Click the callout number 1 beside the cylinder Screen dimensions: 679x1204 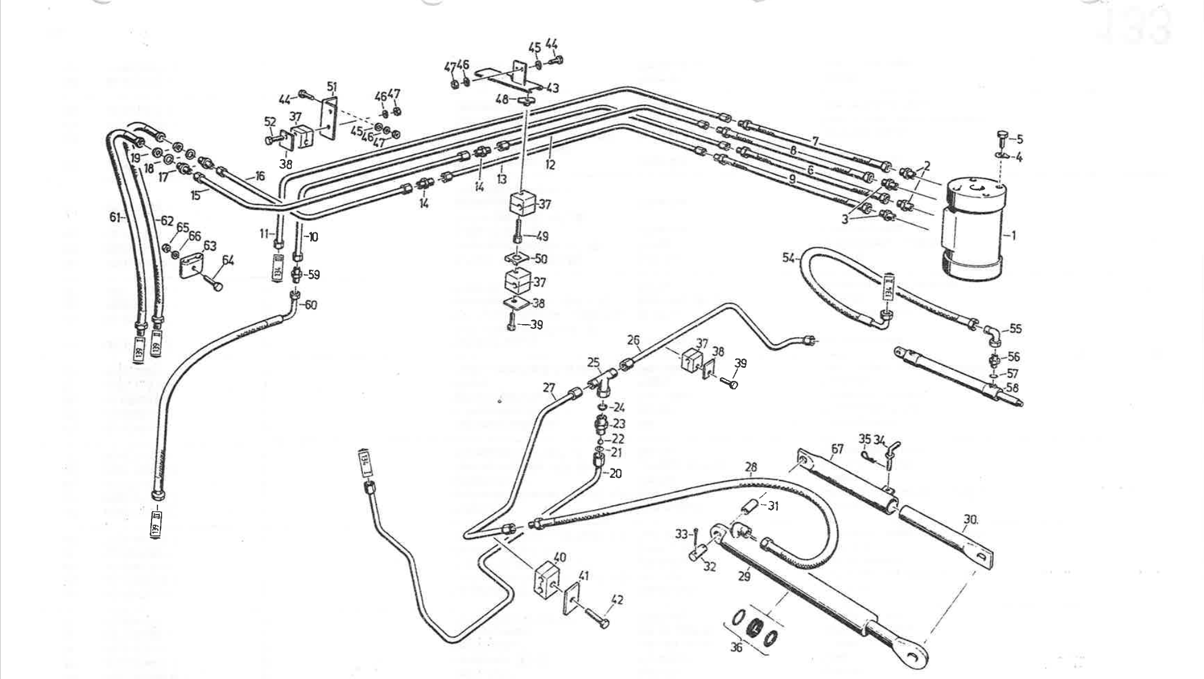click(1013, 235)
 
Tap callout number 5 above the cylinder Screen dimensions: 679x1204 click(1019, 140)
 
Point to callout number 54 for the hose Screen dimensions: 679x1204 click(788, 258)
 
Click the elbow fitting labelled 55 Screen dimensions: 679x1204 click(993, 336)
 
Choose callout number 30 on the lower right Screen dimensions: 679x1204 click(970, 519)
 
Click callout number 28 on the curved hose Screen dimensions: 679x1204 click(751, 467)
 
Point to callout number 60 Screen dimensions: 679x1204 click(311, 305)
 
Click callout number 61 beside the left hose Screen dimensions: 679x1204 click(115, 217)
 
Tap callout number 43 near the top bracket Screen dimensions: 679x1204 click(552, 88)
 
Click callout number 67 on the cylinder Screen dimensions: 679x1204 click(836, 450)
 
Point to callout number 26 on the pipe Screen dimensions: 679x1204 click(633, 340)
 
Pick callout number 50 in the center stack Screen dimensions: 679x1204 click(540, 258)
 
